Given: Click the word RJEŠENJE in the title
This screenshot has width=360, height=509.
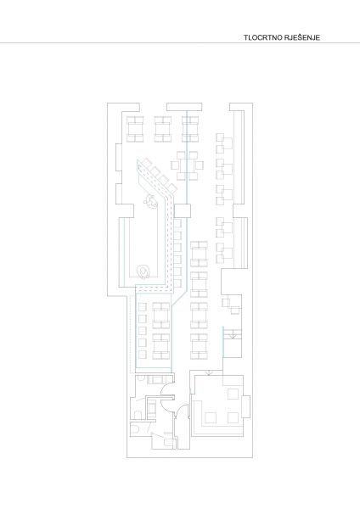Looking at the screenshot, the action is pyautogui.click(x=302, y=37).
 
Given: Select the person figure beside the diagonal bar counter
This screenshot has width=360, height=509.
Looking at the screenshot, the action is pyautogui.click(x=150, y=201).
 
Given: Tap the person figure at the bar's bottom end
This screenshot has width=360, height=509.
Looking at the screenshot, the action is pyautogui.click(x=143, y=272).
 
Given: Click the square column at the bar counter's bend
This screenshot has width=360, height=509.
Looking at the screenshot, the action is pyautogui.click(x=182, y=211).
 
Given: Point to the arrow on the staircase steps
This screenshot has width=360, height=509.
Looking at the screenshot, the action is pyautogui.click(x=233, y=336).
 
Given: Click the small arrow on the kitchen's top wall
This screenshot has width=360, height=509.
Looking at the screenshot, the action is pyautogui.click(x=210, y=372).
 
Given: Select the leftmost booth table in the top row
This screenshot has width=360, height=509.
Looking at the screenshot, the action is pyautogui.click(x=135, y=129).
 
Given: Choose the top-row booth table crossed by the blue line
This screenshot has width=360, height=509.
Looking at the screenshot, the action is pyautogui.click(x=190, y=129).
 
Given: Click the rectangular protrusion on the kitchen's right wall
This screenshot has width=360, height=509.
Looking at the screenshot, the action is pyautogui.click(x=247, y=406).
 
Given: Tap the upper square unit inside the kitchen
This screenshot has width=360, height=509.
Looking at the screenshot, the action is pyautogui.click(x=233, y=394).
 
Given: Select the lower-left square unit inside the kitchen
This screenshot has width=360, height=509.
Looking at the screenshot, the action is pyautogui.click(x=211, y=417).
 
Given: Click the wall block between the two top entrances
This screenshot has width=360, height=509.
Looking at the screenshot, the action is pyautogui.click(x=184, y=107).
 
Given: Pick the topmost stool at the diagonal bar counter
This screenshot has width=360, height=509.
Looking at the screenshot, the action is pyautogui.click(x=147, y=162).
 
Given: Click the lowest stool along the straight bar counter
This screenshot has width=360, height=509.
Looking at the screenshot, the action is pyautogui.click(x=177, y=283).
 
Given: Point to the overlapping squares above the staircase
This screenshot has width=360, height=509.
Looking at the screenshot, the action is pyautogui.click(x=231, y=306).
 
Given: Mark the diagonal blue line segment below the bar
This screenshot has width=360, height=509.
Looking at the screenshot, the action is pyautogui.click(x=179, y=298).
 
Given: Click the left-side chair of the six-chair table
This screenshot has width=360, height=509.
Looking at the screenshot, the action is pyautogui.click(x=175, y=165).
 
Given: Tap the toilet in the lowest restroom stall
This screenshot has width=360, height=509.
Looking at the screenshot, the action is pyautogui.click(x=135, y=430).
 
